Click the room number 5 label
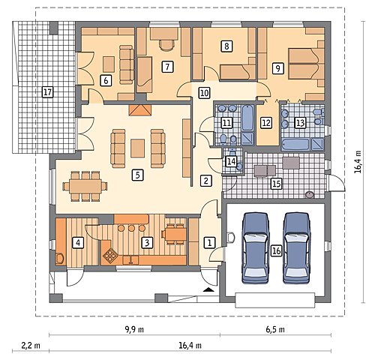[137, 175]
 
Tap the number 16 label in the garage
[277, 250]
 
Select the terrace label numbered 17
[47, 92]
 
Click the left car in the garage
[256, 248]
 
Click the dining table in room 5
[85, 186]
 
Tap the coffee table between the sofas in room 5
[137, 148]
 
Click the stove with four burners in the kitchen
[109, 256]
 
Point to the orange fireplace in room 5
[140, 110]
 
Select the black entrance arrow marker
[208, 290]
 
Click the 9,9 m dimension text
[134, 329]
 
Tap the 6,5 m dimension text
[275, 329]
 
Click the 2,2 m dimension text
[31, 346]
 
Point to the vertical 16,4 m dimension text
[358, 161]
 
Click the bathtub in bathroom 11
[247, 118]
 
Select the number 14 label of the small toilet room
[231, 161]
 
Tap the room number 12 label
[266, 123]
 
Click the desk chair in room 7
[166, 45]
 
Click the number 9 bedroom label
[278, 68]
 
